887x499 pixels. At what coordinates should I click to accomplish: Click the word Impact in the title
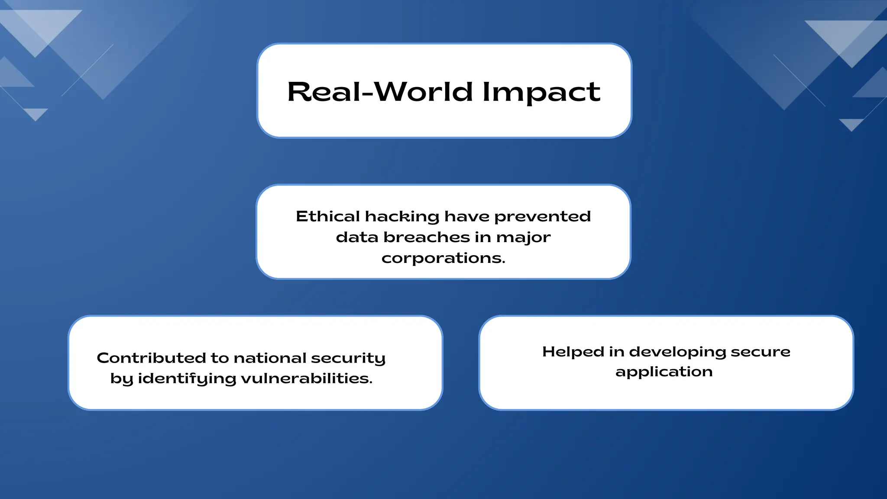(541, 92)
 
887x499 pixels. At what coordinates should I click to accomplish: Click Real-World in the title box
(380, 92)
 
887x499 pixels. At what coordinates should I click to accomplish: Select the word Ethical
(328, 216)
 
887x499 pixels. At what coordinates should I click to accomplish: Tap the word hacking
(402, 216)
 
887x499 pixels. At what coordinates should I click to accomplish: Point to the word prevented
(542, 216)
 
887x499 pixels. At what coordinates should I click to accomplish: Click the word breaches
(427, 237)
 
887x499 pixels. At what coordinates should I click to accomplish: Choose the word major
(524, 237)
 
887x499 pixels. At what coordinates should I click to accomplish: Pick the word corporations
(443, 258)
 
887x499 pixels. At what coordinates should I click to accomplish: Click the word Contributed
(152, 358)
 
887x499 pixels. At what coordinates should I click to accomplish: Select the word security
(348, 358)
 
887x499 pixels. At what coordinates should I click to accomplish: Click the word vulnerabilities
(307, 378)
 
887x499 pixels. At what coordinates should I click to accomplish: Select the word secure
(761, 352)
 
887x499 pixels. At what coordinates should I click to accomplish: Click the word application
(664, 372)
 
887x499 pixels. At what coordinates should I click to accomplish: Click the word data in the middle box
(357, 237)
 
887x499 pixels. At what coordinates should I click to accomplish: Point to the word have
(467, 216)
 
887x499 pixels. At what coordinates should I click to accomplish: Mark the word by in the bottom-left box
(122, 379)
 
